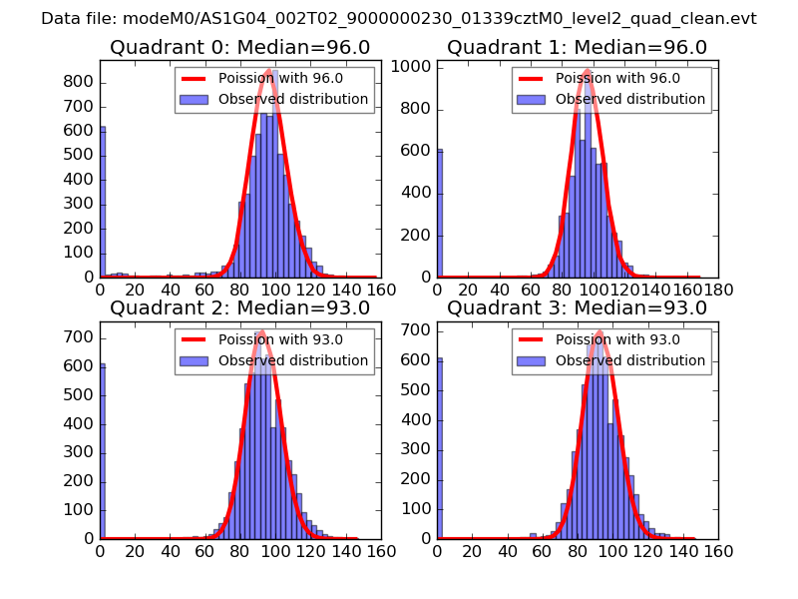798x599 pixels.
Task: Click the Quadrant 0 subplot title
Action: click(239, 48)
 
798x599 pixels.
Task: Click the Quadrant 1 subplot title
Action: click(577, 48)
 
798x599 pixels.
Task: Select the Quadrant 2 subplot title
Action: click(239, 308)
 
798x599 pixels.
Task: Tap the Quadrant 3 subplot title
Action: click(577, 308)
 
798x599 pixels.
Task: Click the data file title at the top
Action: click(399, 18)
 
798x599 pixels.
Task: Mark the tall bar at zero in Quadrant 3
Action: click(440, 448)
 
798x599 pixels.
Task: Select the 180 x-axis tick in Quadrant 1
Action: click(719, 290)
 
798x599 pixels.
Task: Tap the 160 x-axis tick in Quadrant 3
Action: click(719, 550)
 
